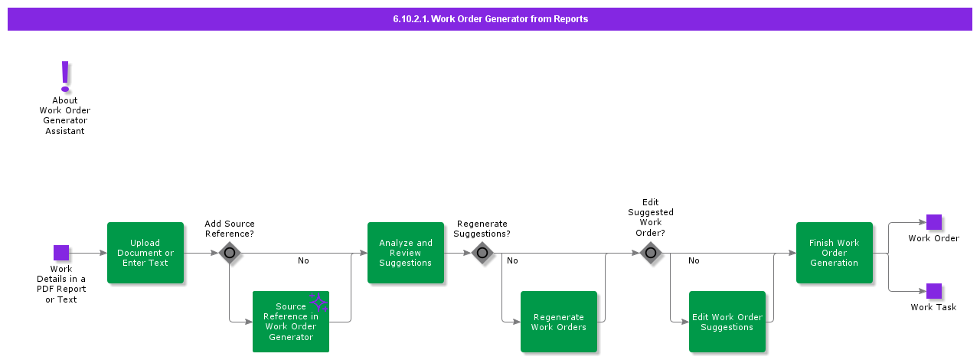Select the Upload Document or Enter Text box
pyautogui.click(x=145, y=253)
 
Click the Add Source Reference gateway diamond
pyautogui.click(x=230, y=253)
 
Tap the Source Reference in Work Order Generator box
pyautogui.click(x=291, y=322)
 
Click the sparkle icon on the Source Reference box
pyautogui.click(x=318, y=303)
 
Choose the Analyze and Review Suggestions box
pyautogui.click(x=406, y=253)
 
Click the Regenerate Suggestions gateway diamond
pyautogui.click(x=482, y=253)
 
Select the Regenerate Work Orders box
pyautogui.click(x=559, y=322)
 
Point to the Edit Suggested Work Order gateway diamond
pyautogui.click(x=651, y=253)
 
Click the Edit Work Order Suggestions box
pyautogui.click(x=727, y=322)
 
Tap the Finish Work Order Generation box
pyautogui.click(x=835, y=253)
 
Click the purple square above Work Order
pyautogui.click(x=934, y=222)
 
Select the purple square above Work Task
pyautogui.click(x=934, y=291)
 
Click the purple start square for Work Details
pyautogui.click(x=61, y=253)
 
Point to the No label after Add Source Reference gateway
pyautogui.click(x=303, y=261)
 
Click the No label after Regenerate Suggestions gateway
pyautogui.click(x=512, y=261)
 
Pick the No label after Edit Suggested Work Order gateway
pyautogui.click(x=694, y=261)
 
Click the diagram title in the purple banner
pyautogui.click(x=490, y=19)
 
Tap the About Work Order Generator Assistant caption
pyautogui.click(x=65, y=116)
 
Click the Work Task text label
pyautogui.click(x=933, y=308)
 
